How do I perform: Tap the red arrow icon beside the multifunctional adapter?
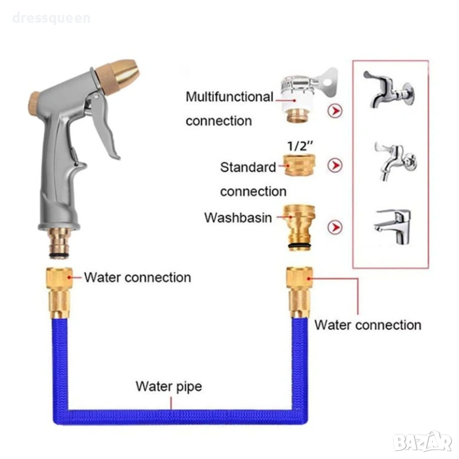coord(335,111)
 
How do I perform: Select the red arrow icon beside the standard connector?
coord(335,165)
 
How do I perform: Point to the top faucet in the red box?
coord(389,90)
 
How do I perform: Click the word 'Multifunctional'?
coord(229,97)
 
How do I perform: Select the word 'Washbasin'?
coord(238,217)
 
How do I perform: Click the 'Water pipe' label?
coord(169,386)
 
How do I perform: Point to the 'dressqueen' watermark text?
coord(51,18)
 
